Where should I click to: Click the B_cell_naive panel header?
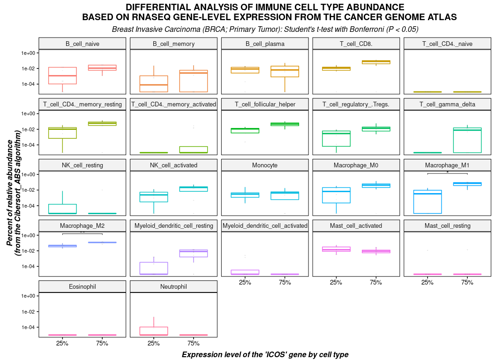click(82, 44)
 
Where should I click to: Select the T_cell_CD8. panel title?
click(356, 44)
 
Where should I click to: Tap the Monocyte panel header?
click(264, 165)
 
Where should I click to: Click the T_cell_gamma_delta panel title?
click(447, 105)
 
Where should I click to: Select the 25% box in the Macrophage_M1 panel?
click(427, 202)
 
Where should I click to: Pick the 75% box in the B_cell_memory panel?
click(193, 81)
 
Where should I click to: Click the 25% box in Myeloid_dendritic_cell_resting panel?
click(154, 268)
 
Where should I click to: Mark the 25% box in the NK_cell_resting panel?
click(62, 209)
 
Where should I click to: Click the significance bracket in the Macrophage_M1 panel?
click(447, 173)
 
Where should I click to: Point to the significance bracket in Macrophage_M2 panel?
click(82, 233)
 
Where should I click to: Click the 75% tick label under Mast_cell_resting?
click(467, 282)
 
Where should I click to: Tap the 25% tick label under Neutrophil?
click(154, 343)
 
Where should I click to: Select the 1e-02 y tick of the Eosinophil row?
click(29, 312)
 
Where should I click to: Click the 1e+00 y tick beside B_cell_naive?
click(29, 53)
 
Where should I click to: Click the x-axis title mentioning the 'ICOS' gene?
click(265, 354)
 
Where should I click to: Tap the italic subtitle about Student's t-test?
click(265, 29)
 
